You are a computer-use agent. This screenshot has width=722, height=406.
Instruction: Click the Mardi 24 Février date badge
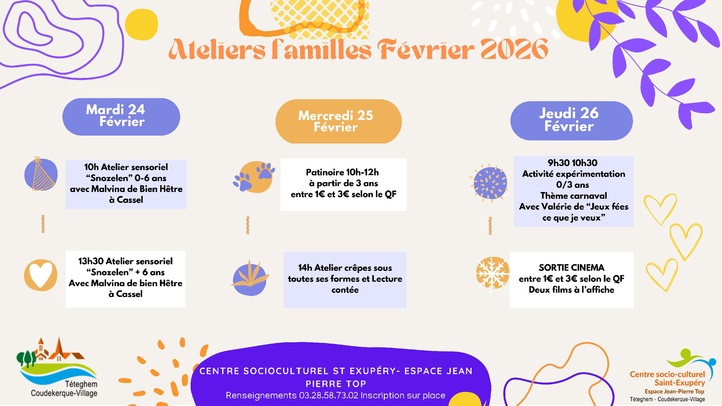click(x=121, y=117)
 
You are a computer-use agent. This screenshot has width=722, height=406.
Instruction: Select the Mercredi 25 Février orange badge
click(x=338, y=121)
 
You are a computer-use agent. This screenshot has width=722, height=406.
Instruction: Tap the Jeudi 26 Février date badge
click(x=571, y=121)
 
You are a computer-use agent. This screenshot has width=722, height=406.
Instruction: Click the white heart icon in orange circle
click(x=41, y=275)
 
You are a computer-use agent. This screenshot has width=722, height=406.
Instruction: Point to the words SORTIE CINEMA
click(x=571, y=267)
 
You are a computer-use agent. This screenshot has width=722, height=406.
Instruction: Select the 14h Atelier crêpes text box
click(x=345, y=279)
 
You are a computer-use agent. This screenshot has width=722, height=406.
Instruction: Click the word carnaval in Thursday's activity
click(x=590, y=196)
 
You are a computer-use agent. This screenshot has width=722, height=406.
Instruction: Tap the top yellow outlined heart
click(x=660, y=209)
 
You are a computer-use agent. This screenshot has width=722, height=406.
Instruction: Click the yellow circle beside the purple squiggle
click(x=141, y=25)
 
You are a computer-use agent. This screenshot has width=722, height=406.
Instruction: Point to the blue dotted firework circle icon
click(x=490, y=183)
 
